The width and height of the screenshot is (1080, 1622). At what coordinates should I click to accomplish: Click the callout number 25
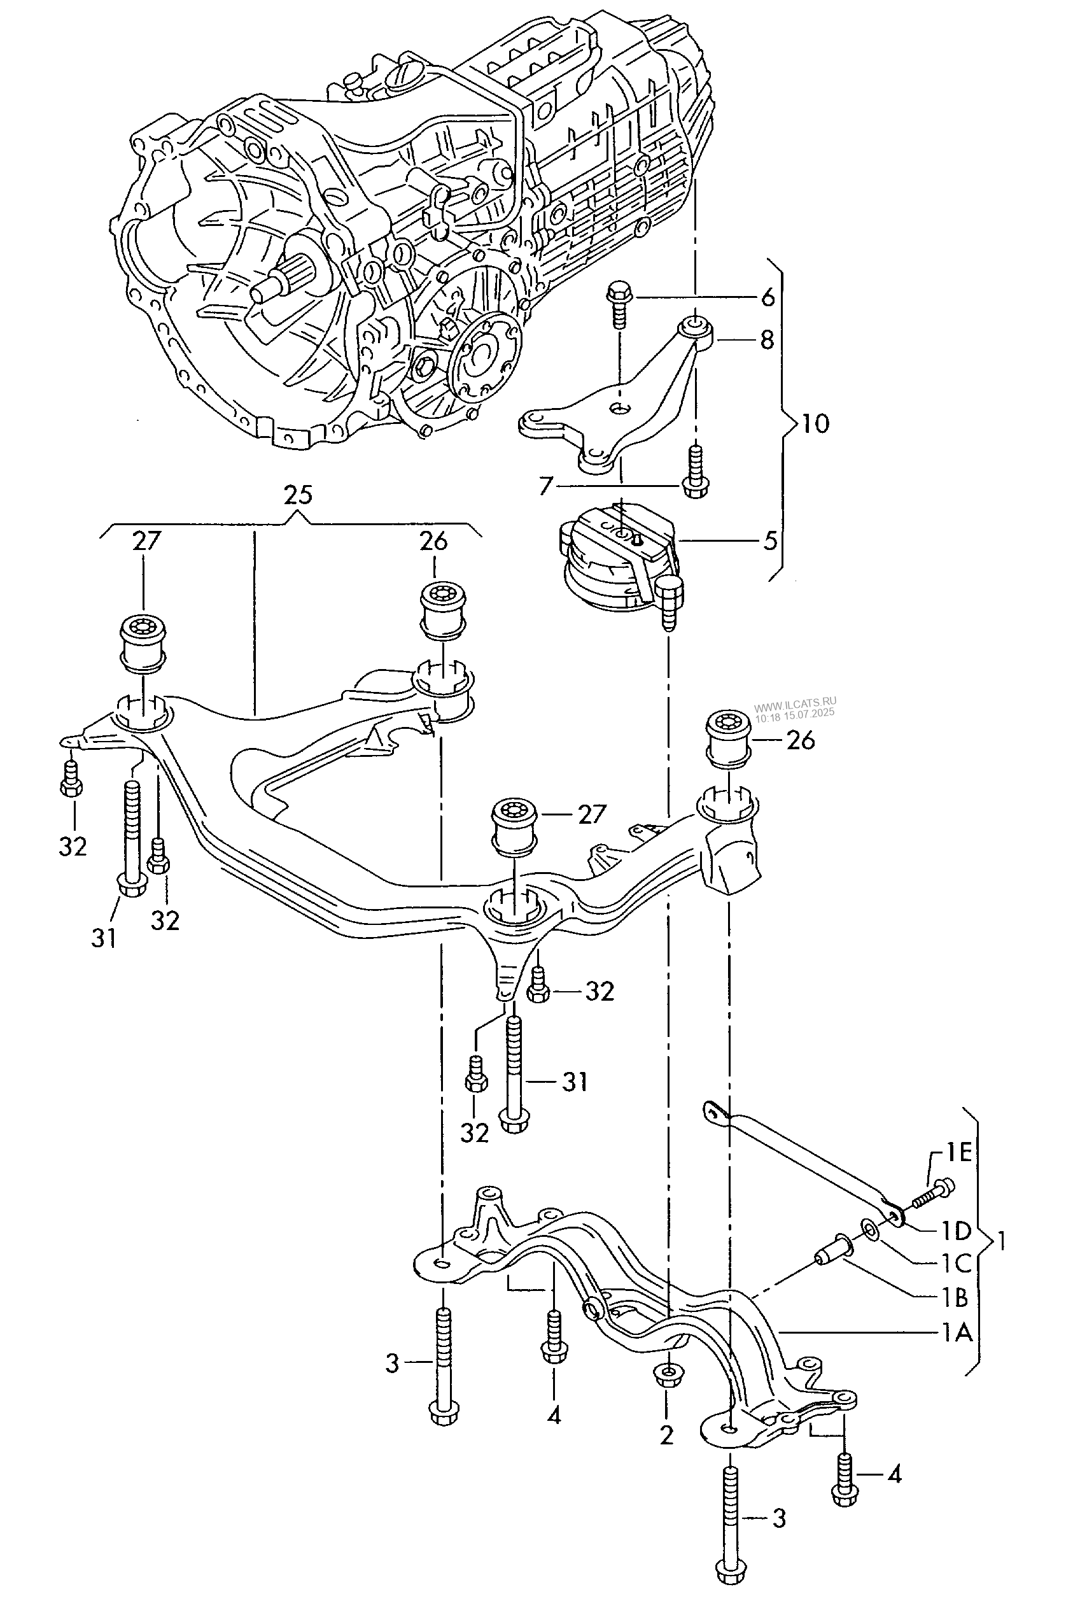[x=298, y=495]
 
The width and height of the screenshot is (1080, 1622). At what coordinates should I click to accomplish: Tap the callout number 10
[x=815, y=423]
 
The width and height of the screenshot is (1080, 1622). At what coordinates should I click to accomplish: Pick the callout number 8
[x=767, y=339]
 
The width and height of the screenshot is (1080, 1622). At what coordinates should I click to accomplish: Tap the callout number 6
[x=768, y=297]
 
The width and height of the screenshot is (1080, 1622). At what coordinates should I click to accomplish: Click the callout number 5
[x=769, y=540]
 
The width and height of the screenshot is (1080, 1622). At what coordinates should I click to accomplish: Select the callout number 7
[x=546, y=487]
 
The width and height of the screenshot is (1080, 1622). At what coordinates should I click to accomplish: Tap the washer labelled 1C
[x=869, y=1229]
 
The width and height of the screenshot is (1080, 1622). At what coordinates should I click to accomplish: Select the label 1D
[x=957, y=1231]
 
